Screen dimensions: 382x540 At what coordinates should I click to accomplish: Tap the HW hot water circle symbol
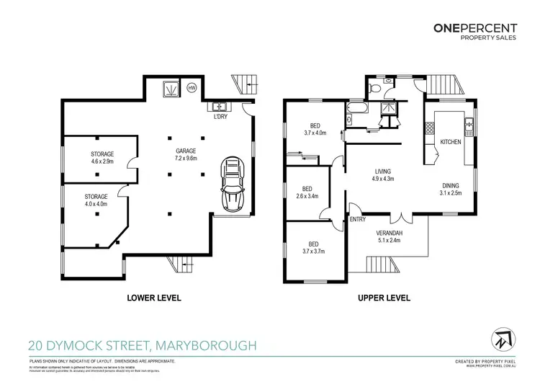(x=192, y=88)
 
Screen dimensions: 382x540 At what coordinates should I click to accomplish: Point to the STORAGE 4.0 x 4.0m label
(x=95, y=200)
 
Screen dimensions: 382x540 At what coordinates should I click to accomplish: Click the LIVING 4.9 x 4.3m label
(x=382, y=174)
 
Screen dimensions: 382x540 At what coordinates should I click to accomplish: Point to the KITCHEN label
(x=450, y=142)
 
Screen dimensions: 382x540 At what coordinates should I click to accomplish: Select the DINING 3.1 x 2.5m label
(x=451, y=189)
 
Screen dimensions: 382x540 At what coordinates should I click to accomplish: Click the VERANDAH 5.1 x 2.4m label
(x=388, y=237)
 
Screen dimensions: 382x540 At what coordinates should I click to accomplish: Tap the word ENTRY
(x=358, y=219)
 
